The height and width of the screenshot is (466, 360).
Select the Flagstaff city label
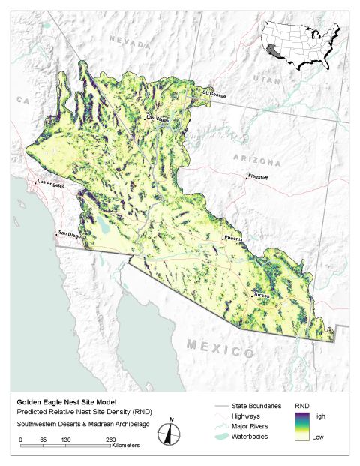259,177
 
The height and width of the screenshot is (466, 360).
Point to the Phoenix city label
233,238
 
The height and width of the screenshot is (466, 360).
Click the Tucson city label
262,295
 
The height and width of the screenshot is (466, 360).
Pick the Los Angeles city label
51,183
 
